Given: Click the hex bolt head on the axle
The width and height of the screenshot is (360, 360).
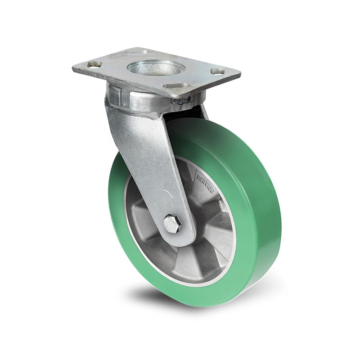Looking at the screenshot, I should point(172,223).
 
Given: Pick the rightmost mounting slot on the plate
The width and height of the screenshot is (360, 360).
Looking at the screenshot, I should point(217,71).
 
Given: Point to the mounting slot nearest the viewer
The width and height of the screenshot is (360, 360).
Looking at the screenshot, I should point(176,86).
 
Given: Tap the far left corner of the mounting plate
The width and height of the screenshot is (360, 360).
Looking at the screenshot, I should point(73,69).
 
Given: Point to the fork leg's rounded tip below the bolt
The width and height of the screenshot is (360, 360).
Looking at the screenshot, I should point(180,241).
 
